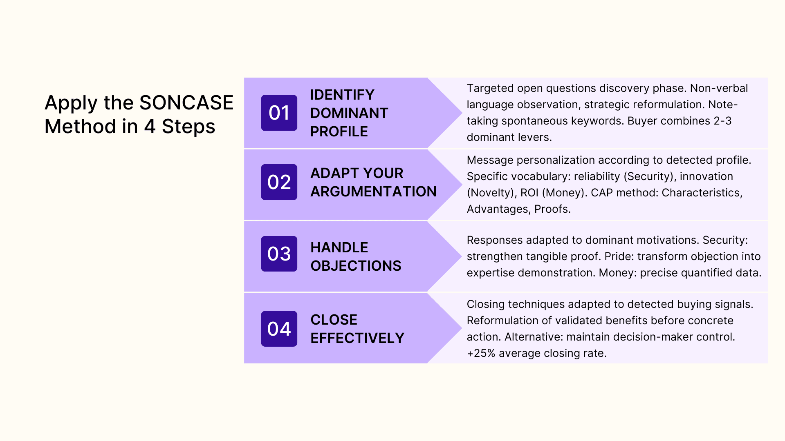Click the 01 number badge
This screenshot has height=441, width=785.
pyautogui.click(x=279, y=113)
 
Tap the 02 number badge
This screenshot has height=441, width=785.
pyautogui.click(x=279, y=182)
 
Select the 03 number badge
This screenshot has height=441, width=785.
pyautogui.click(x=279, y=254)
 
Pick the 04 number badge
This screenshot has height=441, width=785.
pyautogui.click(x=279, y=329)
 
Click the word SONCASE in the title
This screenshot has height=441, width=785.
pyautogui.click(x=186, y=102)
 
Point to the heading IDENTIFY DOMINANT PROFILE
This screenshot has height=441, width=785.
pyautogui.click(x=349, y=113)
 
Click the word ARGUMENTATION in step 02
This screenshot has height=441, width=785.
pyautogui.click(x=373, y=192)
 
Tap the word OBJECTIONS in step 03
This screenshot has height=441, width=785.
pyautogui.click(x=356, y=266)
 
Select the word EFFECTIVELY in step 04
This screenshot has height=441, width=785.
pyautogui.click(x=357, y=338)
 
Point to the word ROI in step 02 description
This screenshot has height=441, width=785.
pyautogui.click(x=529, y=193)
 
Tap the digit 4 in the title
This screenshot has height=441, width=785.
pyautogui.click(x=150, y=126)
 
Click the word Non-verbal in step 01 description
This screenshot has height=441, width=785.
pyautogui.click(x=719, y=88)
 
